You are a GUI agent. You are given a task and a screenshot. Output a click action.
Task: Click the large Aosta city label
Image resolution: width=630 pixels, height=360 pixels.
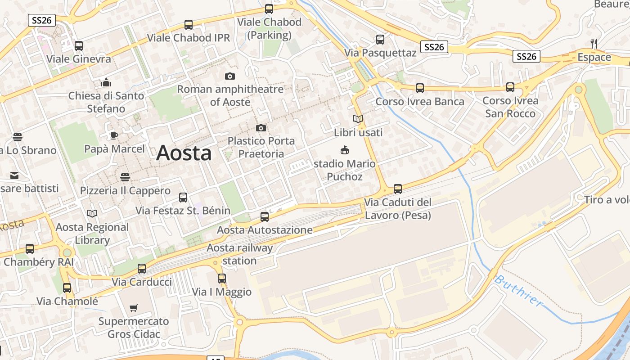click(x=184, y=153)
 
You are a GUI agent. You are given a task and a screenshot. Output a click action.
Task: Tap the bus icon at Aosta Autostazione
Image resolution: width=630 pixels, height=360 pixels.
click(x=265, y=217)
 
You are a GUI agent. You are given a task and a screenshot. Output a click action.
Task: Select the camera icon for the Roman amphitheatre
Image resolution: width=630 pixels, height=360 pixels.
click(x=230, y=76)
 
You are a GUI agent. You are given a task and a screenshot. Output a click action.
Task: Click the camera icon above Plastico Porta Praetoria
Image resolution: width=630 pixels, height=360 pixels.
click(x=261, y=128)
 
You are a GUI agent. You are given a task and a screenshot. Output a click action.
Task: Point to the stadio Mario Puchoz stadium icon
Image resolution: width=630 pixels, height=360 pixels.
click(x=345, y=150)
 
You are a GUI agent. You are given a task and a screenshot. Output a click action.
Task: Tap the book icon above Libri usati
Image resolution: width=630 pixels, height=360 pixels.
click(x=358, y=119)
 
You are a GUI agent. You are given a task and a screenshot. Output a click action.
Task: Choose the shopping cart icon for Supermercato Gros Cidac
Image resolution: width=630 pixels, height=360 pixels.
click(x=134, y=308)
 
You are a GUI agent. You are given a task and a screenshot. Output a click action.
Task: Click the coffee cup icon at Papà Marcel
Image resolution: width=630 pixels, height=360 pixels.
click(x=114, y=135)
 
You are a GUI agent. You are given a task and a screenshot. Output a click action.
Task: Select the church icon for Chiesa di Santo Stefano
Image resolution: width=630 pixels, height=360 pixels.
click(x=106, y=82)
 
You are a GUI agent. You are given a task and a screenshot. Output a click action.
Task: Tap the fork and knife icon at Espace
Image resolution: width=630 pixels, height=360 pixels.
click(x=594, y=44)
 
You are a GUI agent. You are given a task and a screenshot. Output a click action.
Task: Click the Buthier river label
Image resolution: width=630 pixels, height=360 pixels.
click(x=518, y=290)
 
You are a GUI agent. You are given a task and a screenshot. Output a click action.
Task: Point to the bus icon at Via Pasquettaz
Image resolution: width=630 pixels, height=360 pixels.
click(x=380, y=40)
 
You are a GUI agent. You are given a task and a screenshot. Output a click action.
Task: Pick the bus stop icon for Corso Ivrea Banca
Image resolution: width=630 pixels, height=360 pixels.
click(x=420, y=88)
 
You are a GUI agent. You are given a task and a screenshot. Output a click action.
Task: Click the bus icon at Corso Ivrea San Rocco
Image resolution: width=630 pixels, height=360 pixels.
click(x=510, y=87)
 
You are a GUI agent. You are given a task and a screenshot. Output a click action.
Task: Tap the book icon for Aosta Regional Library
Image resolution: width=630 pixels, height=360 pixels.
click(x=92, y=214)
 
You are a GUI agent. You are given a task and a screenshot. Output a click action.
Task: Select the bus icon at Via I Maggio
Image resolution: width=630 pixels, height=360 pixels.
click(x=221, y=279)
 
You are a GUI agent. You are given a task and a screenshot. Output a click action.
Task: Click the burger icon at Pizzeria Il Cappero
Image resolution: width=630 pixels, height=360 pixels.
click(x=125, y=177)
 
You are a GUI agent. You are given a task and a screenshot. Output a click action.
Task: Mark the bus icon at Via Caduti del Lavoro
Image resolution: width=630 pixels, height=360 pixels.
click(x=398, y=189)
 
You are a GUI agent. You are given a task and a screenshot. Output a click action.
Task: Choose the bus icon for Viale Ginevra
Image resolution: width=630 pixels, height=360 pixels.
click(x=79, y=45)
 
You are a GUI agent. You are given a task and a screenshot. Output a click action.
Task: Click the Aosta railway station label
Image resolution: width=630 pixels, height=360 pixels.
click(x=239, y=254)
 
